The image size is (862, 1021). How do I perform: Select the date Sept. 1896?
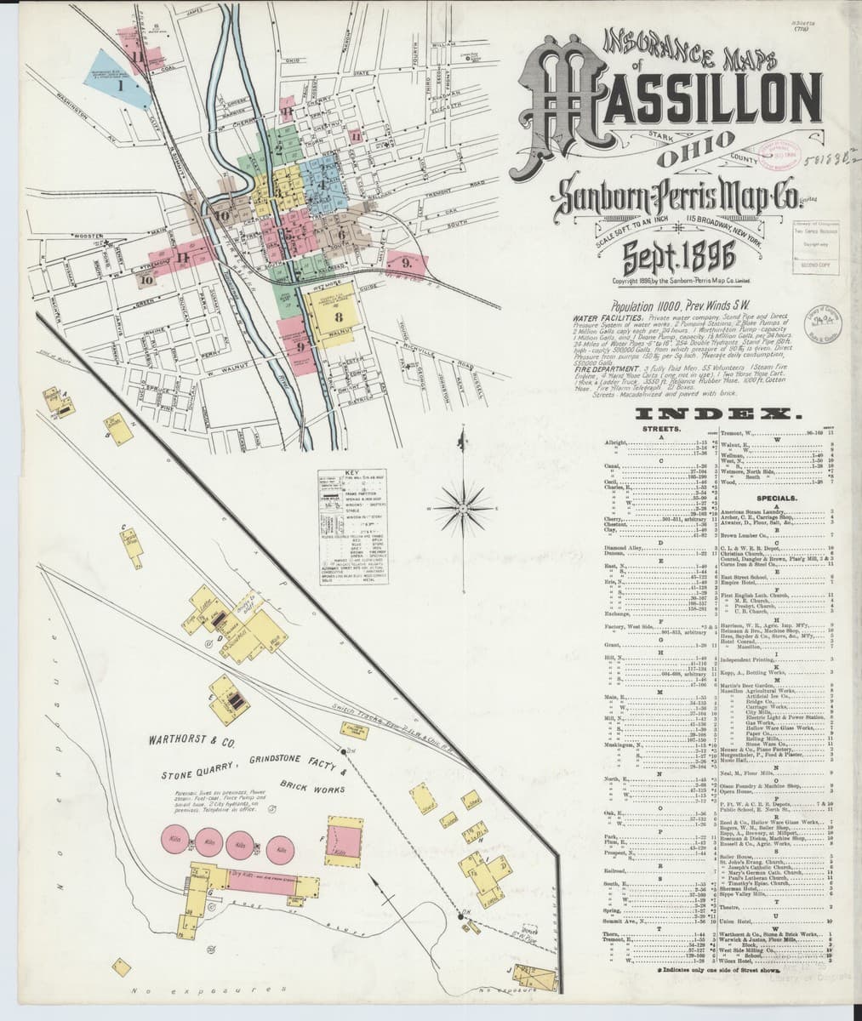point(669,255)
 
